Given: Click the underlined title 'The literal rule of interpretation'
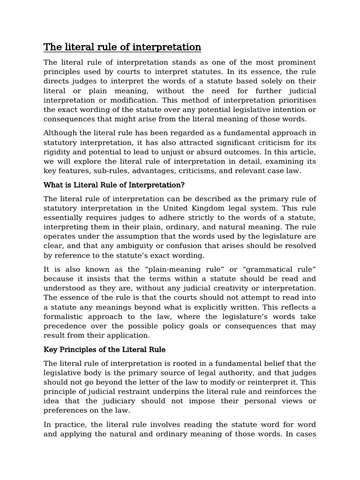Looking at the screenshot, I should coord(122,47).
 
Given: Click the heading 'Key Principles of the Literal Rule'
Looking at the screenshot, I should coord(104,350).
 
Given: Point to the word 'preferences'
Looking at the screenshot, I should coord(66,410).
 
